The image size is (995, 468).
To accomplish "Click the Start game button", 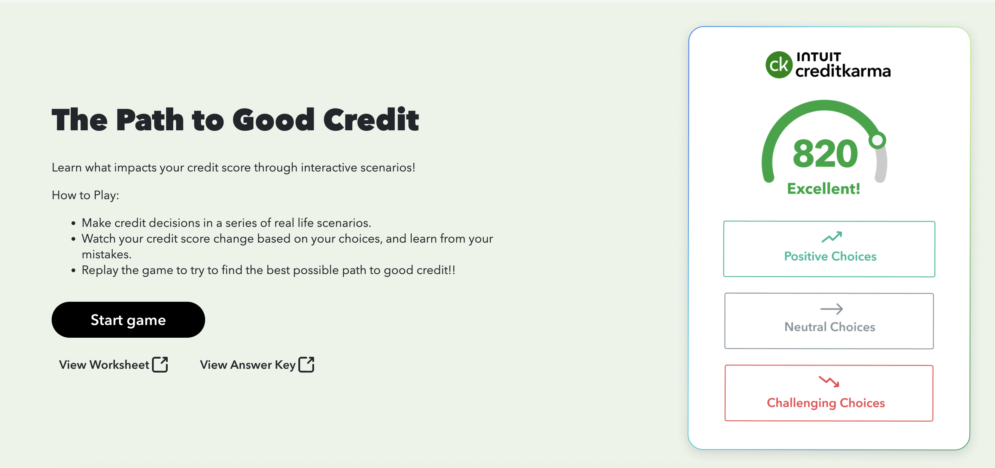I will pyautogui.click(x=128, y=320).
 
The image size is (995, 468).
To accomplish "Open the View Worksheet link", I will pyautogui.click(x=104, y=364).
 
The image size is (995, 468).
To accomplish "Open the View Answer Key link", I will pyautogui.click(x=247, y=364).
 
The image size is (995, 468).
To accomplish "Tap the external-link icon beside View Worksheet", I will pyautogui.click(x=160, y=364).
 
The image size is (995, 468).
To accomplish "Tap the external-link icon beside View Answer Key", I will pyautogui.click(x=306, y=364).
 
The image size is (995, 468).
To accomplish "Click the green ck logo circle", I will pyautogui.click(x=778, y=65).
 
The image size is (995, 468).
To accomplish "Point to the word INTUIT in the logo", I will pyautogui.click(x=818, y=57).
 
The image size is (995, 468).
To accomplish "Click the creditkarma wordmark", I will pyautogui.click(x=843, y=71).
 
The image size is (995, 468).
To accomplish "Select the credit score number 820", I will pyautogui.click(x=825, y=154).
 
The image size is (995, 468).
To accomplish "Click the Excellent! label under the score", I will pyautogui.click(x=824, y=189).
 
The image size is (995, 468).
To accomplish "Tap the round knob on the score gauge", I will pyautogui.click(x=877, y=140).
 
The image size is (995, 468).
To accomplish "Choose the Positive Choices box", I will pyautogui.click(x=829, y=249).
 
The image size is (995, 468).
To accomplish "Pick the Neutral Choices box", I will pyautogui.click(x=829, y=321).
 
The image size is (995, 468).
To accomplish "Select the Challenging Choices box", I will pyautogui.click(x=829, y=393).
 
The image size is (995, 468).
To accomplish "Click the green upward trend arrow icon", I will pyautogui.click(x=831, y=237).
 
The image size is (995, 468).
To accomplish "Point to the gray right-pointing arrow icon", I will pyautogui.click(x=831, y=309).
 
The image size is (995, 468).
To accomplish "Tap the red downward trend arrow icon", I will pyautogui.click(x=829, y=382).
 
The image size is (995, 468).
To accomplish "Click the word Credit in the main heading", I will pyautogui.click(x=371, y=120).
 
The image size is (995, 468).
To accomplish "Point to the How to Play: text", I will pyautogui.click(x=85, y=195).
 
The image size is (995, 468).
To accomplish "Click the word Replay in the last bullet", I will pyautogui.click(x=100, y=270).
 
